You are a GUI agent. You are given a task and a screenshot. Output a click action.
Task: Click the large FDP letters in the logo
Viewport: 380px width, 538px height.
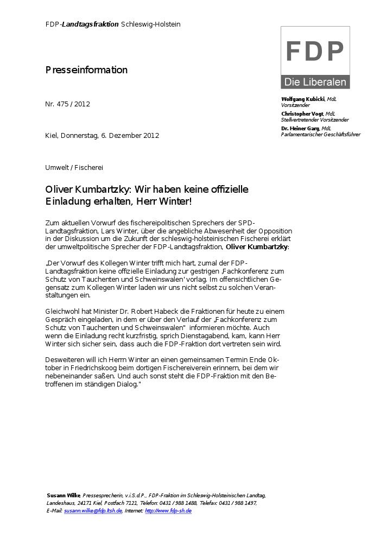(315, 52)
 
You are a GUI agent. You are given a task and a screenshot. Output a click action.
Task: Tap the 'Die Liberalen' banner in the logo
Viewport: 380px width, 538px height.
(315, 83)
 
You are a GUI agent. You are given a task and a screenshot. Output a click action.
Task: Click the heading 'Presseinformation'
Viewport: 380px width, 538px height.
(86, 70)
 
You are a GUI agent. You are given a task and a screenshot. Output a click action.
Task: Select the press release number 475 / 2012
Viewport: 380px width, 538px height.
(74, 104)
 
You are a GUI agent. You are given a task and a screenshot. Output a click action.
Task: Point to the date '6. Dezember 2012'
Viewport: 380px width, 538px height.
(130, 136)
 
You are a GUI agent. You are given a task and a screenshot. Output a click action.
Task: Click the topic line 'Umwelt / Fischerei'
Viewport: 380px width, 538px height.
(74, 167)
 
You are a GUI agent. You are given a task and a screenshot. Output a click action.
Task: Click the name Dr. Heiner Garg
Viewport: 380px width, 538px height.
(300, 128)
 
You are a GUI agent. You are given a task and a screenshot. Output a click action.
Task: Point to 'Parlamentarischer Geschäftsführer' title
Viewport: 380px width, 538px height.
(320, 135)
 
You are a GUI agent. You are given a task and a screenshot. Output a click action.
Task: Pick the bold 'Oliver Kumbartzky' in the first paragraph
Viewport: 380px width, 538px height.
(257, 247)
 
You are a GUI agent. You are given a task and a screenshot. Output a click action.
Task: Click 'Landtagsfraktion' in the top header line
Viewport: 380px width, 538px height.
(90, 24)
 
